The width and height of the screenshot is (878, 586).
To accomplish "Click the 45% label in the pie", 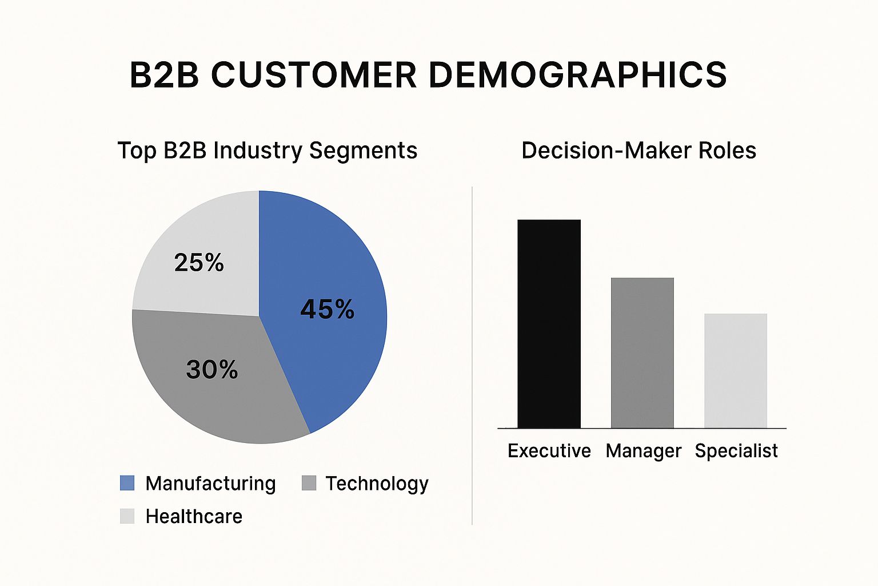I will click(x=327, y=310).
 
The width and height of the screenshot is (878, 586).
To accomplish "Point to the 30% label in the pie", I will click(x=211, y=370).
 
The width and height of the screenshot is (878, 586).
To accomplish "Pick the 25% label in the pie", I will click(x=199, y=263).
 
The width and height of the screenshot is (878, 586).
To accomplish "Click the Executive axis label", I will click(x=549, y=451).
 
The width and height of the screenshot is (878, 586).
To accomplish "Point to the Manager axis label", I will click(x=643, y=452).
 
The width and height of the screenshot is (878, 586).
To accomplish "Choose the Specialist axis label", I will click(x=736, y=451).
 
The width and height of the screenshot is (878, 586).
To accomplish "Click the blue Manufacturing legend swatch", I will click(x=127, y=483).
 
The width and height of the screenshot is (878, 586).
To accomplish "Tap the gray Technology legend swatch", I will click(x=309, y=483).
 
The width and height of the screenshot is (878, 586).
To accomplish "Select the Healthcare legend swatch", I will click(x=127, y=516).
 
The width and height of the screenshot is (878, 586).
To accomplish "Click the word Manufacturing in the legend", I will click(x=210, y=484).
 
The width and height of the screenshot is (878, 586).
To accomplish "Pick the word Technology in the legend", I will click(x=377, y=484).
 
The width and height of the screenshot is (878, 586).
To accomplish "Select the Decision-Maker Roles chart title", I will click(x=638, y=151).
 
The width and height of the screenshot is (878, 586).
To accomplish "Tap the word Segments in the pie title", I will click(x=363, y=151).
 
